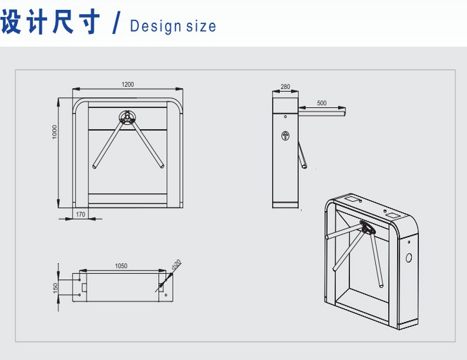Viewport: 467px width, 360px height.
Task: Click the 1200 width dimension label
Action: coord(128,84)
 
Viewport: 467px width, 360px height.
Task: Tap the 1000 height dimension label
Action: coord(54,132)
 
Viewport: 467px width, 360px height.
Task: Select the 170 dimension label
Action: coord(80,215)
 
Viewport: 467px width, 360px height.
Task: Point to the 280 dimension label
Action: coord(285,86)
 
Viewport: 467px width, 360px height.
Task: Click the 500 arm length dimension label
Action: coord(322,103)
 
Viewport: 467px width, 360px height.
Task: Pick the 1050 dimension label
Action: coord(121,266)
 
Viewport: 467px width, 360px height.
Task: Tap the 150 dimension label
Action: coord(55,288)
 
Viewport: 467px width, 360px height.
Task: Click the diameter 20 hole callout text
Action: coord(176,265)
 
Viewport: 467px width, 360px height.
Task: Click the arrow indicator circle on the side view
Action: coord(285,136)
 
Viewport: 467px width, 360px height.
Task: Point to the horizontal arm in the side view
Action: coord(322,113)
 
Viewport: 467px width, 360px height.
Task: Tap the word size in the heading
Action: coord(201,27)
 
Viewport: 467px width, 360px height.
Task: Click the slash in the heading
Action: coord(116,22)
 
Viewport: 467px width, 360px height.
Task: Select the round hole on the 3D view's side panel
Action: coord(409,258)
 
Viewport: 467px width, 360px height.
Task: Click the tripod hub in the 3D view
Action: coord(368,227)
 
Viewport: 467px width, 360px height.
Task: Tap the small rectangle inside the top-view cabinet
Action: coord(84,287)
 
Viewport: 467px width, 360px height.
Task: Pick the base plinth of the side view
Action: coord(285,205)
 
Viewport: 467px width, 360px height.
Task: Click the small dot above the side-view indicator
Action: coord(285,116)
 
